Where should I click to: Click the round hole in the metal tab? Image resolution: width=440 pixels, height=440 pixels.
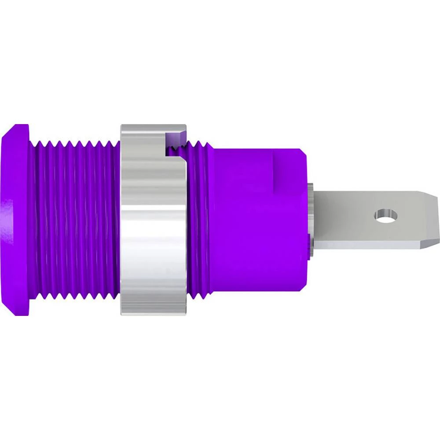[385, 216]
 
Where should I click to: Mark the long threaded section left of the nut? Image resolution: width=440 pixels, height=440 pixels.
[75, 220]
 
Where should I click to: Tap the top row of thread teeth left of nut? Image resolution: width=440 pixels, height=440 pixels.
[75, 143]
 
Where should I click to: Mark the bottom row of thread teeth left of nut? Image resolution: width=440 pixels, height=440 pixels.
[75, 296]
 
